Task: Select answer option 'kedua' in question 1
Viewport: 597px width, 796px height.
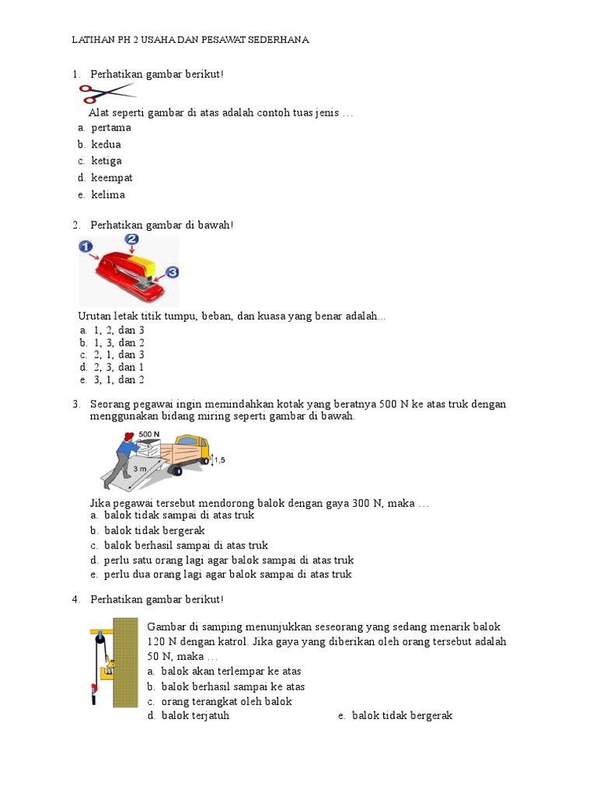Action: (x=106, y=145)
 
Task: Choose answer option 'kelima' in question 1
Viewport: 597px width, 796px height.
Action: (x=107, y=195)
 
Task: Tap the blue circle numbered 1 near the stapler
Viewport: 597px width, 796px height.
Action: (x=86, y=247)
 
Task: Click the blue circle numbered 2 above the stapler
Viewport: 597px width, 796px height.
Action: (x=131, y=240)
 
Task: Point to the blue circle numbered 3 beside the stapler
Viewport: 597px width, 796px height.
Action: (x=172, y=272)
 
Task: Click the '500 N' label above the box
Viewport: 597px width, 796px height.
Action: (x=149, y=435)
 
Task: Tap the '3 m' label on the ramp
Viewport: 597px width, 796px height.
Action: (x=139, y=470)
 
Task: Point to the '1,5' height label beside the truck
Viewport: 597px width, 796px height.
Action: (x=219, y=460)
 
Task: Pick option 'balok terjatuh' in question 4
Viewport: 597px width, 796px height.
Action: (x=195, y=716)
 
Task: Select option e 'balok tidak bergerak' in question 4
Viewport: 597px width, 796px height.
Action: (x=402, y=716)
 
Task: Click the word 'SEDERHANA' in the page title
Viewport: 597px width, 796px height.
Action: (x=276, y=40)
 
